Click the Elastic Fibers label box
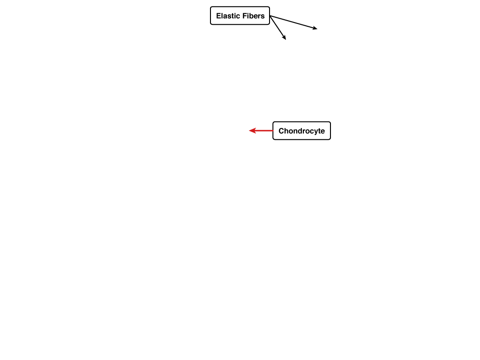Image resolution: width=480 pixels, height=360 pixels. (240, 15)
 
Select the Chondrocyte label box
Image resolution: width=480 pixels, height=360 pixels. (301, 131)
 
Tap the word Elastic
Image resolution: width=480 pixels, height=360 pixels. (227, 15)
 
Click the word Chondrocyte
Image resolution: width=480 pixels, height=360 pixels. (301, 131)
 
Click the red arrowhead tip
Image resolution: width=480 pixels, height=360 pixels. (249, 131)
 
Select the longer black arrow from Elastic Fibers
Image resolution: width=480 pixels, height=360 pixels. (293, 22)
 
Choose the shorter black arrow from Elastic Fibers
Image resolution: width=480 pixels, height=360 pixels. (277, 28)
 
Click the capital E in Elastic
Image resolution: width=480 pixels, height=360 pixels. (218, 15)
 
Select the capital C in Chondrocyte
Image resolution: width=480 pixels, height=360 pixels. (281, 131)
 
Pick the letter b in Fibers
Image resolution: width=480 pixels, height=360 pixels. (250, 15)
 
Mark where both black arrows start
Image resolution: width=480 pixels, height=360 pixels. (270, 16)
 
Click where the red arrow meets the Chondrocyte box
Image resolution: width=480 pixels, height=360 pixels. (273, 131)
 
